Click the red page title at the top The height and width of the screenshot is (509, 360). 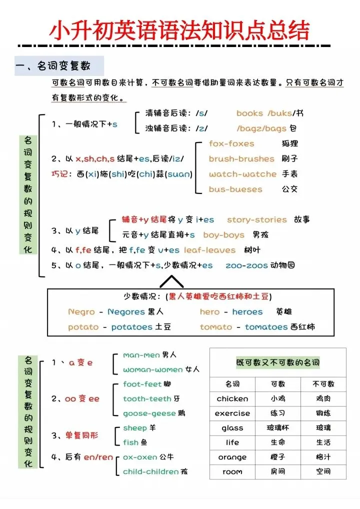pyautogui.click(x=179, y=30)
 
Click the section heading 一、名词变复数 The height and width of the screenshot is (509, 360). pyautogui.click(x=58, y=66)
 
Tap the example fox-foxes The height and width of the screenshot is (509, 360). pyautogui.click(x=231, y=143)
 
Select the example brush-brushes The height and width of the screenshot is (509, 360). pyautogui.click(x=241, y=159)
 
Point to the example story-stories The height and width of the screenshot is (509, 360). pyautogui.click(x=256, y=219)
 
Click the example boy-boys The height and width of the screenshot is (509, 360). pyautogui.click(x=223, y=235)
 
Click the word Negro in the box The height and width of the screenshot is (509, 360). pyautogui.click(x=81, y=312)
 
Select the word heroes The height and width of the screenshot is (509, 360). pyautogui.click(x=247, y=312)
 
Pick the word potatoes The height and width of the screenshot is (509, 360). pyautogui.click(x=131, y=327)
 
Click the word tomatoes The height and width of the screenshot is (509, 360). pyautogui.click(x=266, y=327)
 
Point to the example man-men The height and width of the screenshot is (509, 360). pyautogui.click(x=141, y=355)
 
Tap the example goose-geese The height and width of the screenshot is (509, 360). pyautogui.click(x=149, y=413)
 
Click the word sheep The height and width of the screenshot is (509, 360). pyautogui.click(x=135, y=428)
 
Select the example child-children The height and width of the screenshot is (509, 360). pyautogui.click(x=150, y=471)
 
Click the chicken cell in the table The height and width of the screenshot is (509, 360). pyautogui.click(x=232, y=399)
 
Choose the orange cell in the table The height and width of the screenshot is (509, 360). pyautogui.click(x=232, y=457)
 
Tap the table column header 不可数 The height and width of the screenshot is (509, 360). pyautogui.click(x=323, y=384)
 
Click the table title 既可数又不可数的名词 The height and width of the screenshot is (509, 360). pyautogui.click(x=277, y=362)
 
